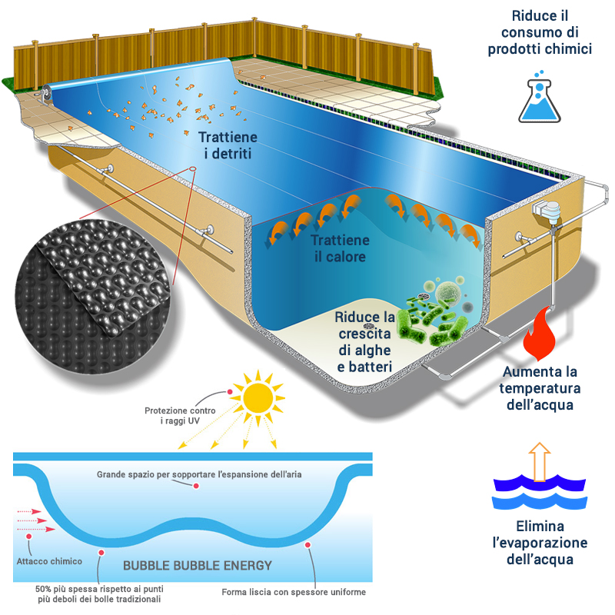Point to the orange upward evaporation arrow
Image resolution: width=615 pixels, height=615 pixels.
point(540,461)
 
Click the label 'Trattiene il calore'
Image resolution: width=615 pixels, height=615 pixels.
point(339,248)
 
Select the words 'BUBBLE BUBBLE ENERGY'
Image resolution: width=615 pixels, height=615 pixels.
point(198,566)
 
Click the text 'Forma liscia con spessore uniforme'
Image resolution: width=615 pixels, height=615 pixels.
point(294,592)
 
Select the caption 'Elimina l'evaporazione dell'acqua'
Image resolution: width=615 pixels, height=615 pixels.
point(540,543)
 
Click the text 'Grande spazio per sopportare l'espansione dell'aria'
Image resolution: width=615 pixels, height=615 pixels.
point(199,474)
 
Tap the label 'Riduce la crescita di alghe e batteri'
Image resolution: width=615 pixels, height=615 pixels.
point(365,342)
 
